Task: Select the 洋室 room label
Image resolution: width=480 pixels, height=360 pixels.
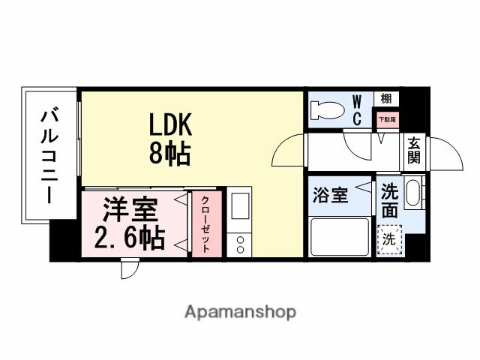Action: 125,207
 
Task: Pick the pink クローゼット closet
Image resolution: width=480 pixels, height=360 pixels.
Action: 205,226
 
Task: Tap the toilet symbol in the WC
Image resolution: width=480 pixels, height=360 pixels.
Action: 327,111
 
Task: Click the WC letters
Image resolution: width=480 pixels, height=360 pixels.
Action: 357,109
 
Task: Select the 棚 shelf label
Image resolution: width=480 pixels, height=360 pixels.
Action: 385,98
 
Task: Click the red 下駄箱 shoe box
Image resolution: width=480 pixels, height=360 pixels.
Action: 386,118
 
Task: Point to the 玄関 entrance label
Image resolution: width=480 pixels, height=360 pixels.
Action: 413,151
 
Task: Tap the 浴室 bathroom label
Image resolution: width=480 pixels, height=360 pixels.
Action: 330,196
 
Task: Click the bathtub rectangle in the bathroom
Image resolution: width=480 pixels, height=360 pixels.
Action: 340,236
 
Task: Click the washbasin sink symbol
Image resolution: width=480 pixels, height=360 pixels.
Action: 413,193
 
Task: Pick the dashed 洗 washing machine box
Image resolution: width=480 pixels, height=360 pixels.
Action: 389,239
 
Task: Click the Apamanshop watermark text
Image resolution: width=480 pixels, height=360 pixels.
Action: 240,311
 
